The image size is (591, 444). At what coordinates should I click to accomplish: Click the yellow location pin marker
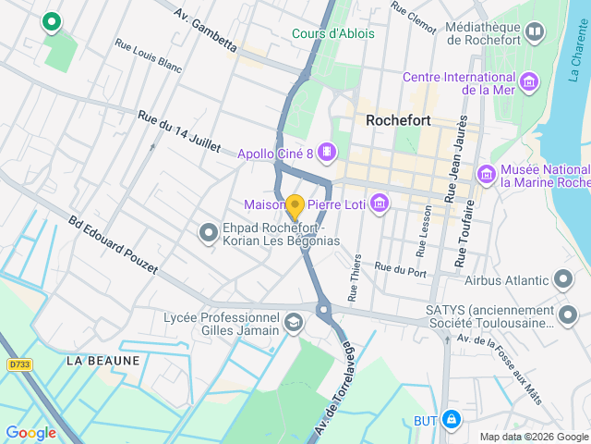click(x=295, y=207)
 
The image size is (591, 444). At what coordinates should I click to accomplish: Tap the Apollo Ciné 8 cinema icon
click(x=326, y=151)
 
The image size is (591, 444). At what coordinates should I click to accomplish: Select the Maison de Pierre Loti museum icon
click(x=378, y=203)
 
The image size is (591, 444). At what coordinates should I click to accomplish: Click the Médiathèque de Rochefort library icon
click(x=534, y=34)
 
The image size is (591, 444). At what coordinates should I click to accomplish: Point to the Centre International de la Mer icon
click(x=529, y=82)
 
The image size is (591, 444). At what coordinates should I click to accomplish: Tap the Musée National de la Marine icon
click(x=486, y=174)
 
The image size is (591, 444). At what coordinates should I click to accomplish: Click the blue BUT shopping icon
click(x=451, y=420)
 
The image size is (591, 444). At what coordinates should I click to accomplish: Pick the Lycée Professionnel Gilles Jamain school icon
click(x=293, y=323)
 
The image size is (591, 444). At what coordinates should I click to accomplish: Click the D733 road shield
click(x=19, y=365)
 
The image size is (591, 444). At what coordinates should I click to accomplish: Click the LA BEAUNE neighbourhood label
click(x=103, y=361)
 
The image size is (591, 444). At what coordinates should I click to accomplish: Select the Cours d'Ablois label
click(x=333, y=33)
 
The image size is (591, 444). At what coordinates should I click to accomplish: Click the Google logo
click(x=30, y=432)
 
